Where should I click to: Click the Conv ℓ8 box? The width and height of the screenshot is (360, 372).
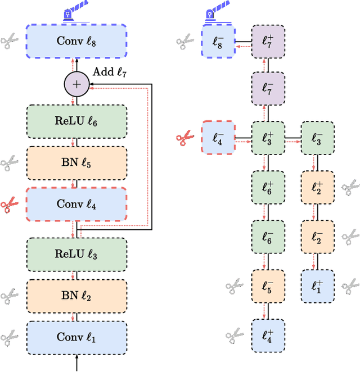[76, 41]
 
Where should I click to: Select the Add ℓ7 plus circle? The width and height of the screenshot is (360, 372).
[76, 85]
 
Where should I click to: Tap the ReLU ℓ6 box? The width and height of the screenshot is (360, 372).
[76, 121]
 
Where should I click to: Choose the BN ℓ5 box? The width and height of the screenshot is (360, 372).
[76, 162]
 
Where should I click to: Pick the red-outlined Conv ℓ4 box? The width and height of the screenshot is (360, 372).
[76, 203]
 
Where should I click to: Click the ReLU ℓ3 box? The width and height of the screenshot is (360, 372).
[76, 254]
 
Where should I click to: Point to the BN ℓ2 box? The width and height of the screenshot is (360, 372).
[76, 296]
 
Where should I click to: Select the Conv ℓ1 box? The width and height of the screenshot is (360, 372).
[76, 337]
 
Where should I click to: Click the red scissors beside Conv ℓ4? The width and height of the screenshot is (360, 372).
[10, 203]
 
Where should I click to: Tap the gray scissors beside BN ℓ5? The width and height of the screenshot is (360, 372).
[10, 163]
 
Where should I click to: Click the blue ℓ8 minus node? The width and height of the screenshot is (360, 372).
[217, 41]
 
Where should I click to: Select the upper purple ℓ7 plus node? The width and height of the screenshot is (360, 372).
[267, 41]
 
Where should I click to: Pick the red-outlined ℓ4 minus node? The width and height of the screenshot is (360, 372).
[217, 137]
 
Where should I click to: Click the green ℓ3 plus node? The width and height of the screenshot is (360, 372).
[267, 137]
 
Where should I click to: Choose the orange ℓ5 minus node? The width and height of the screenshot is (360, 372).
[267, 286]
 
